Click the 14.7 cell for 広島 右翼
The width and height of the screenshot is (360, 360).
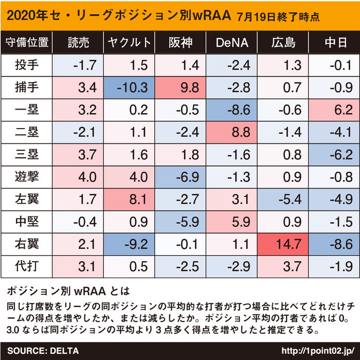pyautogui.click(x=283, y=244)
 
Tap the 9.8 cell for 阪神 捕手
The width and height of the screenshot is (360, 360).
pyautogui.click(x=181, y=87)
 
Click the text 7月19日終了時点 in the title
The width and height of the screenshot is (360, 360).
pyautogui.click(x=278, y=16)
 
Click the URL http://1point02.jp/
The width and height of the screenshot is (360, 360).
pyautogui.click(x=317, y=351)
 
